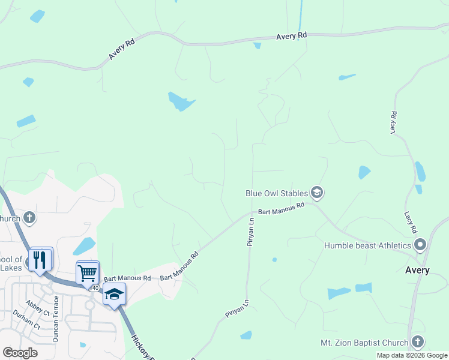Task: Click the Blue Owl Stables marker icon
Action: coord(317,193)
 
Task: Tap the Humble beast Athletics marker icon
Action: coord(420,245)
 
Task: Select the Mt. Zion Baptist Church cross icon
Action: coord(418,343)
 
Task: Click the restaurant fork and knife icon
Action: coord(40,259)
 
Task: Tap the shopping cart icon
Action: coord(87,273)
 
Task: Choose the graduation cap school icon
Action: coord(114,294)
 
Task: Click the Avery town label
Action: coord(417,270)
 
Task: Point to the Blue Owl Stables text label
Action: coord(277,193)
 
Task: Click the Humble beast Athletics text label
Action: coord(367,245)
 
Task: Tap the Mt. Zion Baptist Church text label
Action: coord(364,343)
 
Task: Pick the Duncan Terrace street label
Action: coord(56,325)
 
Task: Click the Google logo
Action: coord(20,352)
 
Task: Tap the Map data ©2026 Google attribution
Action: coord(411,355)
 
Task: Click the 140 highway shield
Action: coord(95,289)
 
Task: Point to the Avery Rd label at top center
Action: coord(292,37)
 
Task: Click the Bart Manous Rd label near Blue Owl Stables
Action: coord(282,209)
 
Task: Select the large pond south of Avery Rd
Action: coord(181,101)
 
